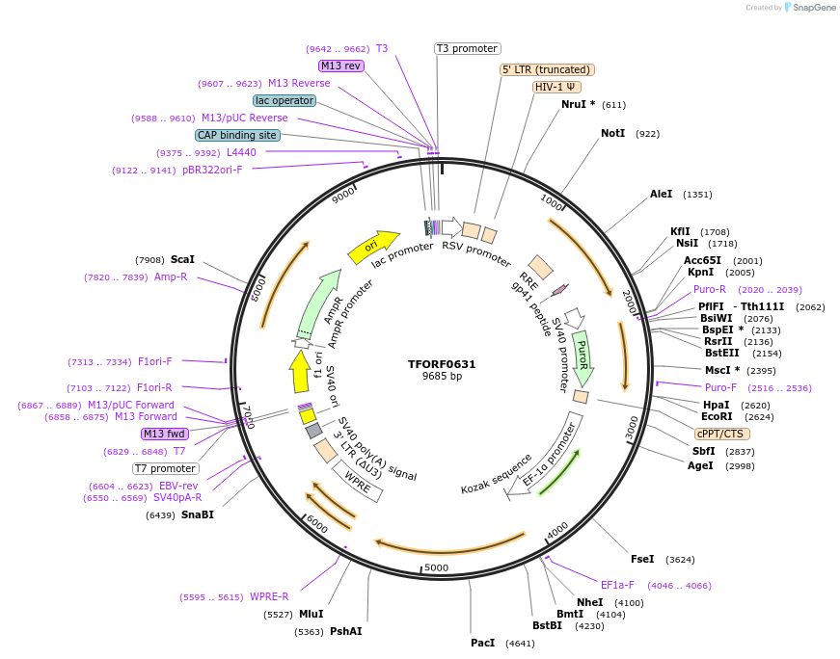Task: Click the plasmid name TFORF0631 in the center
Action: pos(441,364)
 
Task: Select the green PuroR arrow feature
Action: pos(583,357)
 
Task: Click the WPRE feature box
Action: pos(358,480)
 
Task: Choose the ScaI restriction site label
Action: pos(182,259)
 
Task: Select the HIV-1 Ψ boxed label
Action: pos(556,87)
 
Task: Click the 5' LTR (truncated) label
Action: pos(547,69)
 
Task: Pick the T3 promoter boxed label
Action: pos(467,48)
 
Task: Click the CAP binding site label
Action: pos(237,136)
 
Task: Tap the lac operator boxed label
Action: pos(285,100)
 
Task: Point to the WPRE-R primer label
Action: pos(269,596)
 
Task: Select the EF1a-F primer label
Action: pos(617,585)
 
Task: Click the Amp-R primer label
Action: pos(171,277)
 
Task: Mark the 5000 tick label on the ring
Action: pos(436,567)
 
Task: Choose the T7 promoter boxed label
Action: pos(166,468)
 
